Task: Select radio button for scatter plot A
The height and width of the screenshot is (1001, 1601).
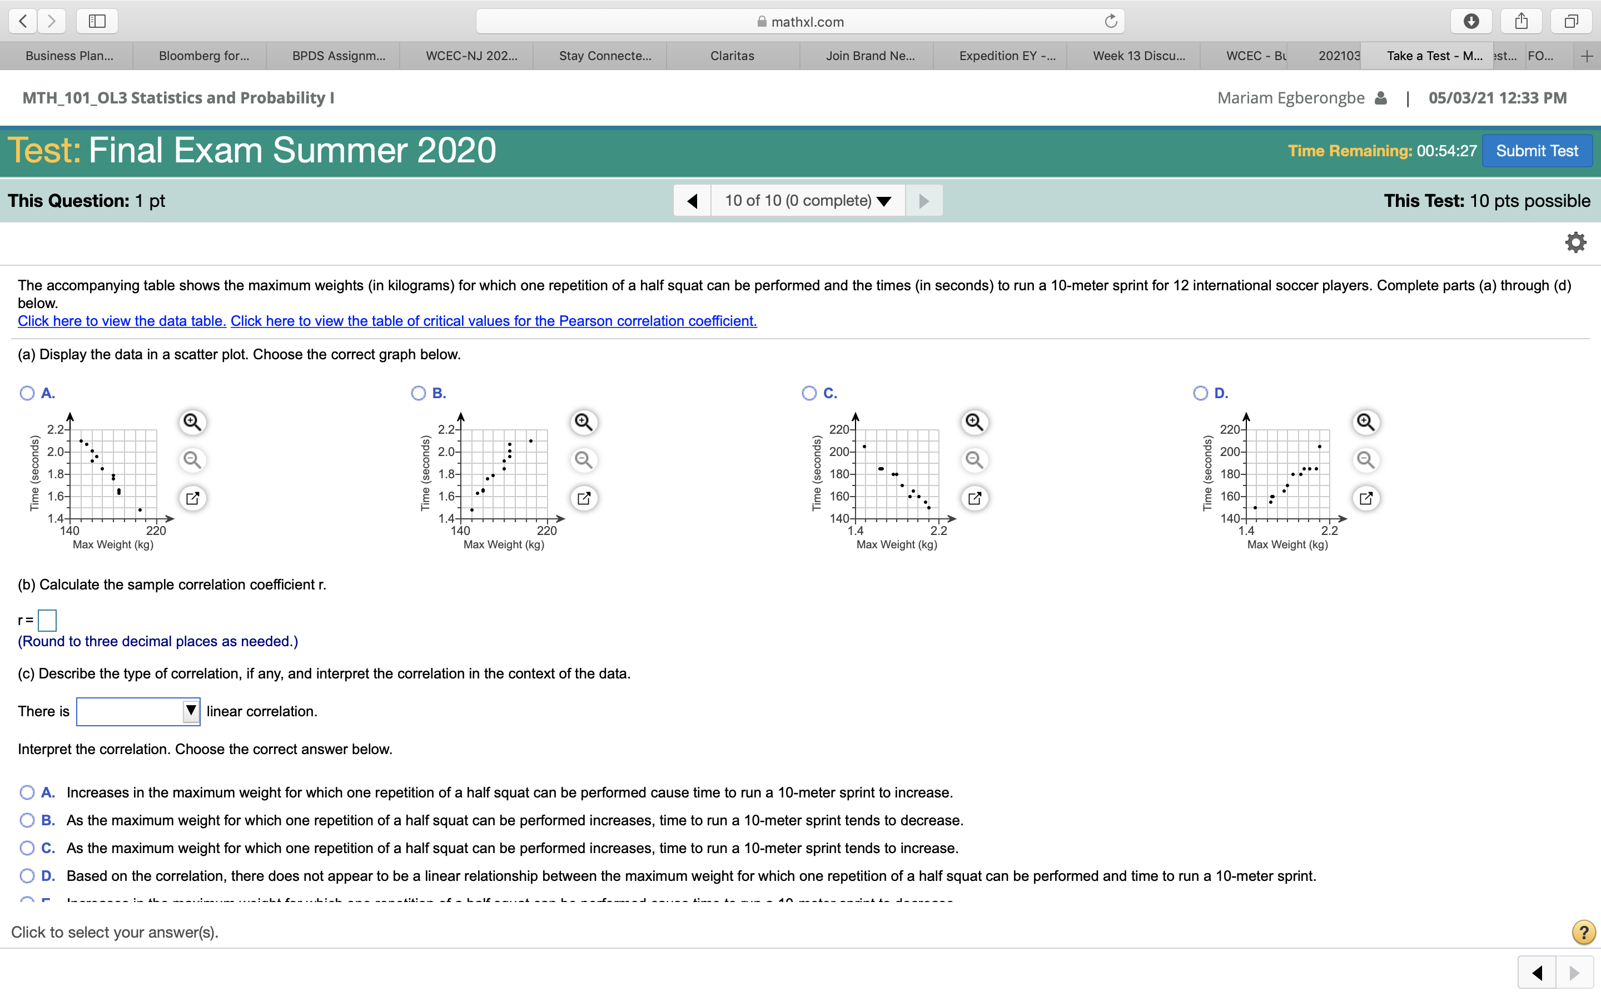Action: [27, 393]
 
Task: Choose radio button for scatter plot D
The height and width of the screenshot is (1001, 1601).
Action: [1200, 393]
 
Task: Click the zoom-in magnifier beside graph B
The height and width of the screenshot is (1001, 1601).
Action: [583, 422]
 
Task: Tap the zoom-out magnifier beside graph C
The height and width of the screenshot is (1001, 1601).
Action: [974, 459]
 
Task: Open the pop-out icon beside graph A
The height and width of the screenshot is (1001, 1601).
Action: [192, 498]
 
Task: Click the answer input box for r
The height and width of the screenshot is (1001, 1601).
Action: [47, 620]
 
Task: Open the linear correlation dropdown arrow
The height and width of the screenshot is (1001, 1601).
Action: [191, 711]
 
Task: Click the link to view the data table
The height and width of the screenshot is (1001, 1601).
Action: [122, 321]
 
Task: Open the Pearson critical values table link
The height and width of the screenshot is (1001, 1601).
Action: [494, 321]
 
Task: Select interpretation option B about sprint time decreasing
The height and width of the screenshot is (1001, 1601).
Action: [27, 820]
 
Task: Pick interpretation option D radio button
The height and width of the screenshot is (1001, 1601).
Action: [27, 876]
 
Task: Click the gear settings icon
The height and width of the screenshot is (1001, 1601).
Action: [1575, 242]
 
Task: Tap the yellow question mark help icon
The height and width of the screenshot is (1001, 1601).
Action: [1583, 932]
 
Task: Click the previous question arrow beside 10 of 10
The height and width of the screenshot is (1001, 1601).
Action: [692, 201]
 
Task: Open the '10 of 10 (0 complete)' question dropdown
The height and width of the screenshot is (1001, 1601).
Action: [807, 201]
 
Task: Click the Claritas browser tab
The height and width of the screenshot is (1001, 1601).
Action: [732, 56]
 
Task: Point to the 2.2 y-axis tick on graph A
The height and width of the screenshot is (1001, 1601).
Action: [55, 429]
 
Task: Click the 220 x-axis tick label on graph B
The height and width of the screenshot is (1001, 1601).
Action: [546, 531]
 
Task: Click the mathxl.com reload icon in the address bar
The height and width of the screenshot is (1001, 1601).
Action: [1111, 21]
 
